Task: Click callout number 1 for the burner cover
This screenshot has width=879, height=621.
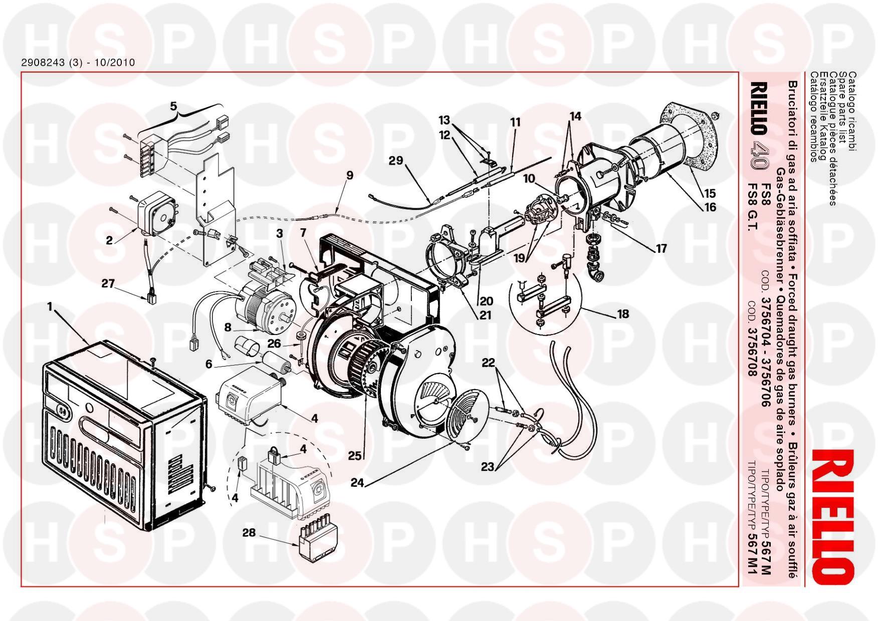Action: (x=50, y=306)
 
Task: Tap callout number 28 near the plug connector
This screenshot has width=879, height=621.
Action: (x=249, y=533)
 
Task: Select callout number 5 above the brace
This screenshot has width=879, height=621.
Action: (x=173, y=106)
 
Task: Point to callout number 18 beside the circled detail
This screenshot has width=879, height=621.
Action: (x=623, y=314)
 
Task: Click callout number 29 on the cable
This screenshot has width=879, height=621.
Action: (x=396, y=161)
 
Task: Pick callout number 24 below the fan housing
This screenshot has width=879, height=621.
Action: (x=357, y=482)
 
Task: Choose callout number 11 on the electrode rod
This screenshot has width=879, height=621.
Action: (x=515, y=122)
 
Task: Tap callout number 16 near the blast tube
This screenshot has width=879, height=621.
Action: (x=710, y=207)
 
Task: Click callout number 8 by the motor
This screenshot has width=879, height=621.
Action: (x=228, y=328)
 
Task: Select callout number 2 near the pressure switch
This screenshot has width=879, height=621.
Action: (x=109, y=240)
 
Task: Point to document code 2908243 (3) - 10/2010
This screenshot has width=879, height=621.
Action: (x=78, y=63)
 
